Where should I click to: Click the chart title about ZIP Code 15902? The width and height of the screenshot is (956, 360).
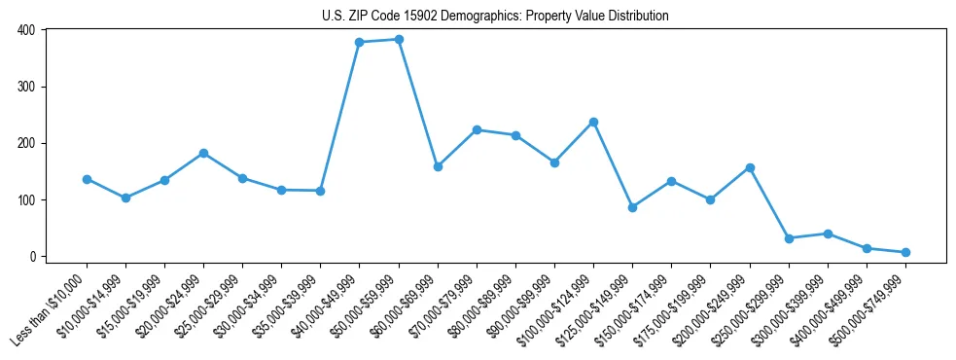tap(495, 16)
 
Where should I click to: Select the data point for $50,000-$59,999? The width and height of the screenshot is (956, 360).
tap(399, 39)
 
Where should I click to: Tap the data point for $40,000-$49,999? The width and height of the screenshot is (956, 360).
tap(360, 42)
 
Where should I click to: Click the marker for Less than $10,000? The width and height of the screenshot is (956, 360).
tap(87, 179)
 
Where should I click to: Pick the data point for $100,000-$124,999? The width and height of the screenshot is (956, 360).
tap(593, 122)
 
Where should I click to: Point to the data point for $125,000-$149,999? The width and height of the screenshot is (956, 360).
tap(632, 207)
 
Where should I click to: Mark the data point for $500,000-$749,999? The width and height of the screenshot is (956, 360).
tap(905, 252)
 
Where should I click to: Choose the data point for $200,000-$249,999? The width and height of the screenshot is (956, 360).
tap(750, 167)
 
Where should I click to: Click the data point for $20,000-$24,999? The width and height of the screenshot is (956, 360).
tap(203, 153)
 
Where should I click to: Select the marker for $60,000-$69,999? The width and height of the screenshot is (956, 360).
tap(438, 166)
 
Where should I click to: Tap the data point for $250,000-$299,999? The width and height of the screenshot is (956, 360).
tap(789, 238)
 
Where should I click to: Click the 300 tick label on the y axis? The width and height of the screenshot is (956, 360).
tap(26, 87)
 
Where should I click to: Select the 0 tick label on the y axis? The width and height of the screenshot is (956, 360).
tap(32, 257)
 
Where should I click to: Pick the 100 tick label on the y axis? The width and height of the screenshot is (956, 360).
tap(26, 200)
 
